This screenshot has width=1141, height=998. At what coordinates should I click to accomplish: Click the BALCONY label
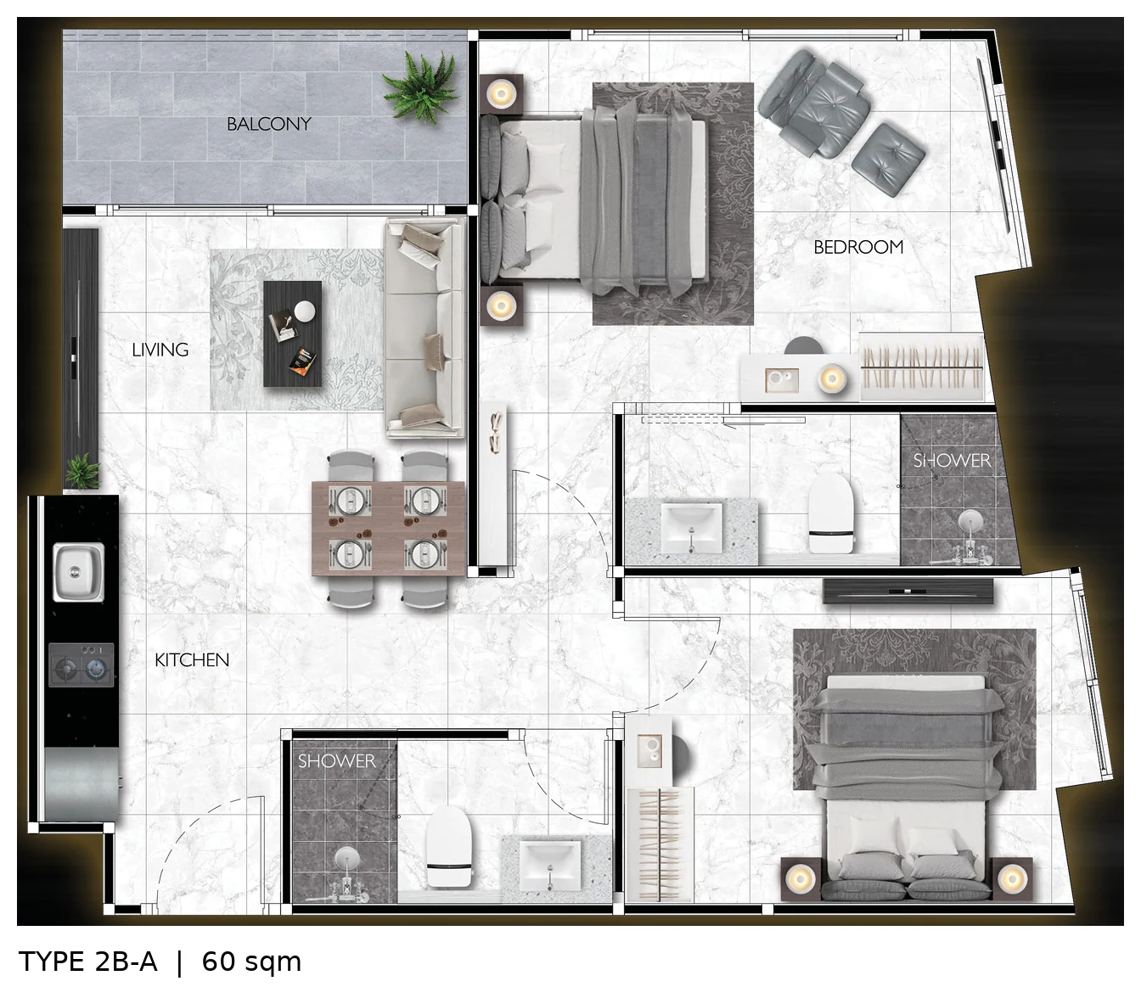pos(269,124)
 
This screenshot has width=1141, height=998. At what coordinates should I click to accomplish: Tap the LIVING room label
pos(160,350)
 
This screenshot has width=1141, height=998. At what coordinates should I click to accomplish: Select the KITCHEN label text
pos(192,660)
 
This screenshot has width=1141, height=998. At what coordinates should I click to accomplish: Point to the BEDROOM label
pos(858,247)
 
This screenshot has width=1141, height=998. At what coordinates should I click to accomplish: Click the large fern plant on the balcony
pos(422,87)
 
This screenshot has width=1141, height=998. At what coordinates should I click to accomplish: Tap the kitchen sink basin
pos(79,573)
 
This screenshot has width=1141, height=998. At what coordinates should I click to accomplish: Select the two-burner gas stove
pos(81,664)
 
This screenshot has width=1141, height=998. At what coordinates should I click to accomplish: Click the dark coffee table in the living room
pos(293,334)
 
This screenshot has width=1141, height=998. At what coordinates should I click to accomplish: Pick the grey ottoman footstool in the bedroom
pos(888,160)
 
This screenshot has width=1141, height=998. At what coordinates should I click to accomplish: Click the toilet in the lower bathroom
pos(449,846)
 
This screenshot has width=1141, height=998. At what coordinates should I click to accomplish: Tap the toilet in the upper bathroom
pos(831,513)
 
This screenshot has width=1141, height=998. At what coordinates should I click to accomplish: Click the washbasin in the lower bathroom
pos(550,866)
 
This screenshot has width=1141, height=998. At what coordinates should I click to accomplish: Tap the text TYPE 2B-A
pos(87,962)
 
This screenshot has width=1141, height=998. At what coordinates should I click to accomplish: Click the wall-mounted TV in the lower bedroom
pos(908,591)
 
